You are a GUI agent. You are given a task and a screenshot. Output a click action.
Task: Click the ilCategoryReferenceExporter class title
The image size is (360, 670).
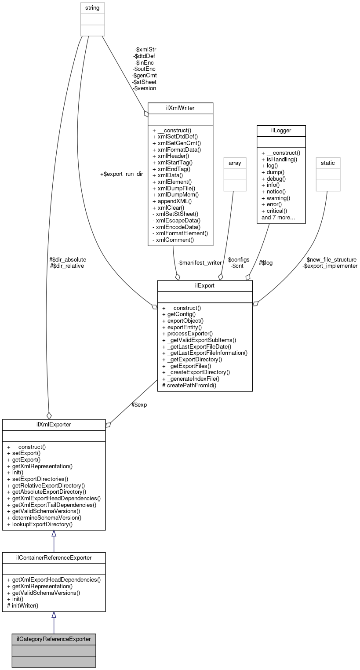[54, 639]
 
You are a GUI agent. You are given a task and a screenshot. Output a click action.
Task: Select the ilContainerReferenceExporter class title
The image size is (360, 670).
[54, 558]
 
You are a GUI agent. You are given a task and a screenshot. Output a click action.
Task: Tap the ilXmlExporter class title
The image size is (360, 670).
[54, 424]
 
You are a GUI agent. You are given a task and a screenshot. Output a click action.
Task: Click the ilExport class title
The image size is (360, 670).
[205, 285]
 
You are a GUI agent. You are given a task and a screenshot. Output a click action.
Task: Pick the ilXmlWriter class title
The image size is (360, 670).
[180, 108]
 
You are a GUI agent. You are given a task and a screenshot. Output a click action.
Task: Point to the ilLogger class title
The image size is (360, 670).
[280, 131]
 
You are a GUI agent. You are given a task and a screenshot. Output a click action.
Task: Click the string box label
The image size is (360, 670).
[92, 7]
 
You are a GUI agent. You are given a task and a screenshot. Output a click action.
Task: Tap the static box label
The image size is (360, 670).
[328, 163]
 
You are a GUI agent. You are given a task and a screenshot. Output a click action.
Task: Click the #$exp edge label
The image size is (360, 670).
[139, 404]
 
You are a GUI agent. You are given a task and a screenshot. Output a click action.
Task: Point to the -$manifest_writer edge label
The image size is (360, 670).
[200, 262]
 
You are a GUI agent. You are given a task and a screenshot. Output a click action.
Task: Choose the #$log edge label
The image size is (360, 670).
[266, 262]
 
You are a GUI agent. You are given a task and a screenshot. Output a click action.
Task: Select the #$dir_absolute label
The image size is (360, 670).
[68, 259]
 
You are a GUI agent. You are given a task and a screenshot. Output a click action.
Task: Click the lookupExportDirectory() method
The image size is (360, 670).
[40, 524]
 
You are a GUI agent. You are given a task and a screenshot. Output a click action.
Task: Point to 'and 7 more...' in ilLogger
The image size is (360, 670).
[278, 218]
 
